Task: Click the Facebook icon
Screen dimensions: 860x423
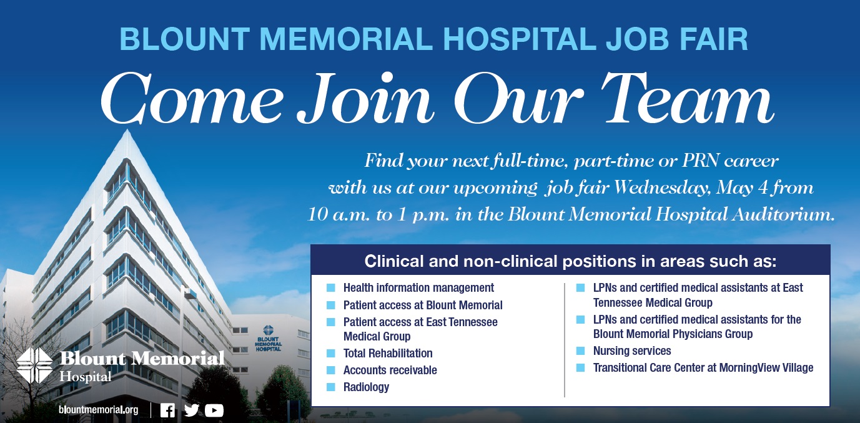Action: (167, 411)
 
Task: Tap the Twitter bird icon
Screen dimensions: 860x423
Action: (191, 411)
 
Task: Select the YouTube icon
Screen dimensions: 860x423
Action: (214, 411)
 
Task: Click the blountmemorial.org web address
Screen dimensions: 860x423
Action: (98, 410)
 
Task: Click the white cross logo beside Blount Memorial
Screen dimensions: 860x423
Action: (34, 366)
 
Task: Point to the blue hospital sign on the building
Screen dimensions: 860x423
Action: (268, 339)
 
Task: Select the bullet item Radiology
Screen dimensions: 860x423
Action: (366, 387)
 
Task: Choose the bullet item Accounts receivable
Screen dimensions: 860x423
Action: (390, 370)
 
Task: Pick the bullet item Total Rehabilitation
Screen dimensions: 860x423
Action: (388, 353)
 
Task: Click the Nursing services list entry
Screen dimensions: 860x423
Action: (632, 351)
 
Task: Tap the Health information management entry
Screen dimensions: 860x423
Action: (418, 288)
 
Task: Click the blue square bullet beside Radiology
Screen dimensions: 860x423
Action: (330, 387)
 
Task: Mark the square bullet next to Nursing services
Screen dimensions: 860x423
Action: (580, 351)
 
